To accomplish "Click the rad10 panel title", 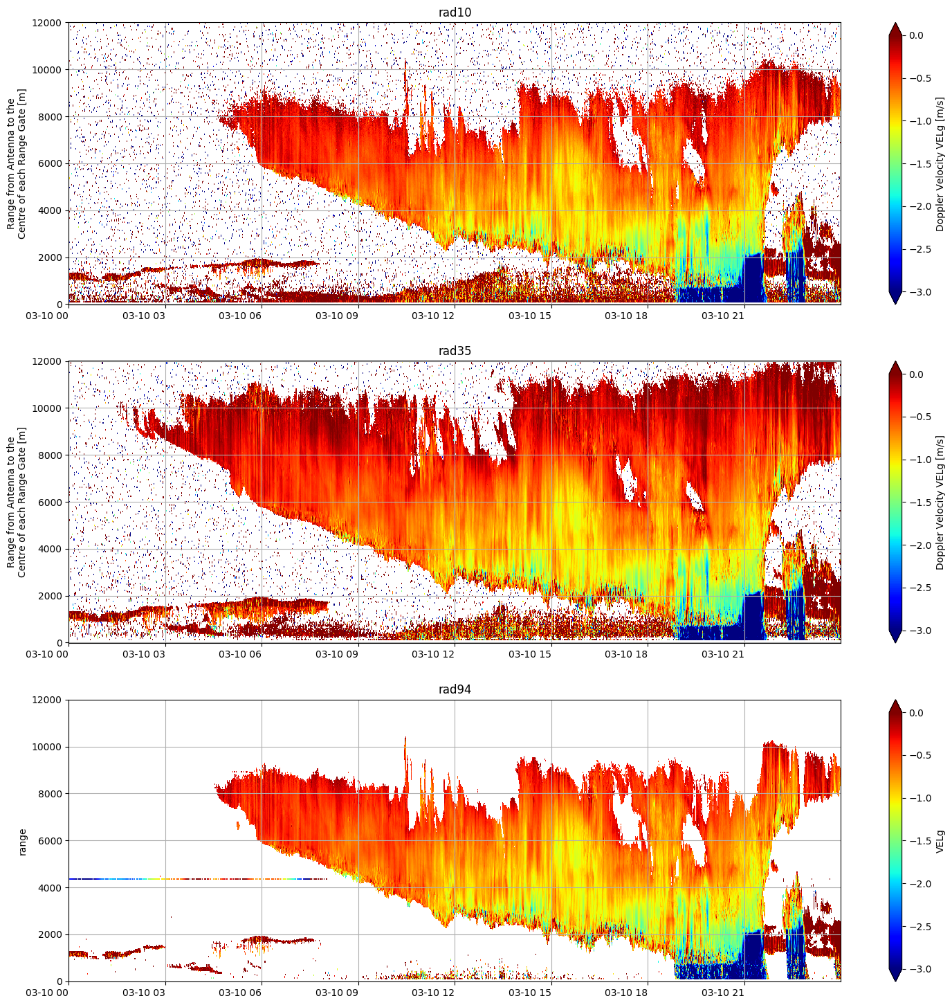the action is click(x=455, y=12).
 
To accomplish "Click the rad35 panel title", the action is click(x=455, y=351).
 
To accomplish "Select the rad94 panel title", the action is click(x=455, y=689).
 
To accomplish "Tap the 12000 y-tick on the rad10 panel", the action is click(x=46, y=23).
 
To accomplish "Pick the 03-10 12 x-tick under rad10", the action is click(x=433, y=316).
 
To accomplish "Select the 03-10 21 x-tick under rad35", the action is click(x=722, y=654).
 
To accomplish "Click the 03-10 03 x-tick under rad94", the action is click(x=144, y=993).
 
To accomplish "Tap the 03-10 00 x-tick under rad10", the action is click(x=47, y=316).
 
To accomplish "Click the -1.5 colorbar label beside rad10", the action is click(x=919, y=164).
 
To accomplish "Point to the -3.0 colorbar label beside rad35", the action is click(x=919, y=631).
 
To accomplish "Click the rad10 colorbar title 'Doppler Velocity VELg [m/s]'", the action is click(x=940, y=164).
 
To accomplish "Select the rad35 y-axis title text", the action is click(x=17, y=502).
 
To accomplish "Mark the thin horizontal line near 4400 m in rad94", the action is click(x=198, y=879).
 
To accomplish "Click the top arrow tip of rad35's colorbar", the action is click(x=895, y=361).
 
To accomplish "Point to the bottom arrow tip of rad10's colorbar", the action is click(x=895, y=304).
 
